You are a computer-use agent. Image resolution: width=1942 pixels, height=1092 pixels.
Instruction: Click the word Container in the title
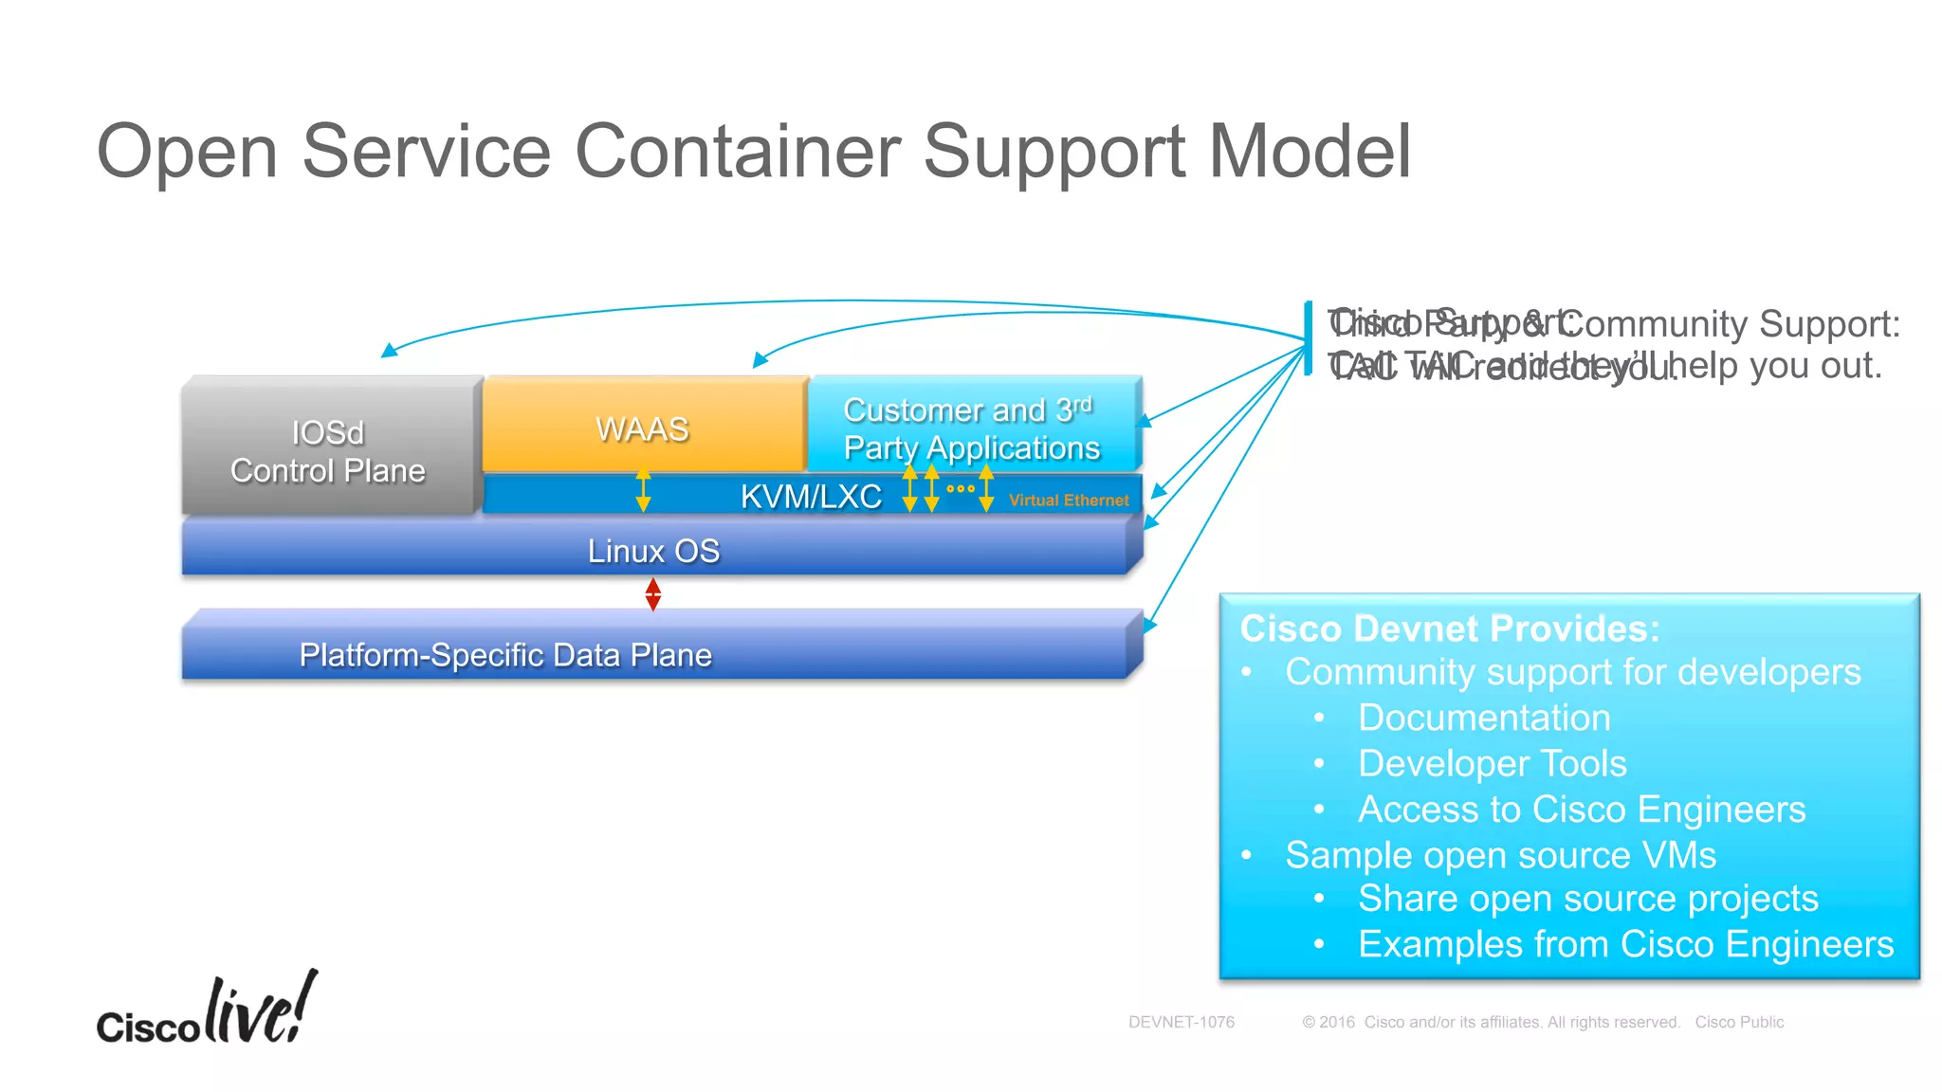737,151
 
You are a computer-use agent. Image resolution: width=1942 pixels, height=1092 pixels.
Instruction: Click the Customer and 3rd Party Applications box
971,428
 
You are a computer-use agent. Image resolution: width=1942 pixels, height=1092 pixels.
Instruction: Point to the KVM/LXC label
811,496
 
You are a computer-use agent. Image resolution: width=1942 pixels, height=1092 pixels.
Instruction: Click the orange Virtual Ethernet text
1069,500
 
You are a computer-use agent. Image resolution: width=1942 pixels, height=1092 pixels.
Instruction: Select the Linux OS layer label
653,551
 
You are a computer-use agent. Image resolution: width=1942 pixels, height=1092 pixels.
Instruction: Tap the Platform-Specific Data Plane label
505,655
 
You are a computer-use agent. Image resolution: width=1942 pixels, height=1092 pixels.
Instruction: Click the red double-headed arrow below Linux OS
652,594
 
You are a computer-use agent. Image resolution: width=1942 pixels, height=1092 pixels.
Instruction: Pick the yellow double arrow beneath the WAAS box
643,490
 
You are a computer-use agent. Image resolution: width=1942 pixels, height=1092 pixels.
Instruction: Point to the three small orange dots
960,489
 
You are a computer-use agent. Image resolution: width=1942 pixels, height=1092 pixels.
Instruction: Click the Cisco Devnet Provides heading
1449,628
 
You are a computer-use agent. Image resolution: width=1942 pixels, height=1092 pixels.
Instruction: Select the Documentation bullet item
1484,718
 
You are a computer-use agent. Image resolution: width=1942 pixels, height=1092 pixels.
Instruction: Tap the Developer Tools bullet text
1492,763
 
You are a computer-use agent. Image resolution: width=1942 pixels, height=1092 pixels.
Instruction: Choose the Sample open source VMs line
1500,855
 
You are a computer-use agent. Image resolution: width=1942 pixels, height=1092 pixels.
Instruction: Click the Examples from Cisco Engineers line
1625,944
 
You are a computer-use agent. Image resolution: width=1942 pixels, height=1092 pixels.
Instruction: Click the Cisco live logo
207,1010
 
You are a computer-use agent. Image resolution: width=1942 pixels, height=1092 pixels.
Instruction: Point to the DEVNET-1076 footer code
1181,1022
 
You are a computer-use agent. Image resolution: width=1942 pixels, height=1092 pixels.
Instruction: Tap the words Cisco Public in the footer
1739,1022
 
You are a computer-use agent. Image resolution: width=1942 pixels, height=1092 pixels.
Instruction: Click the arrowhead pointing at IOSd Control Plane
387,352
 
